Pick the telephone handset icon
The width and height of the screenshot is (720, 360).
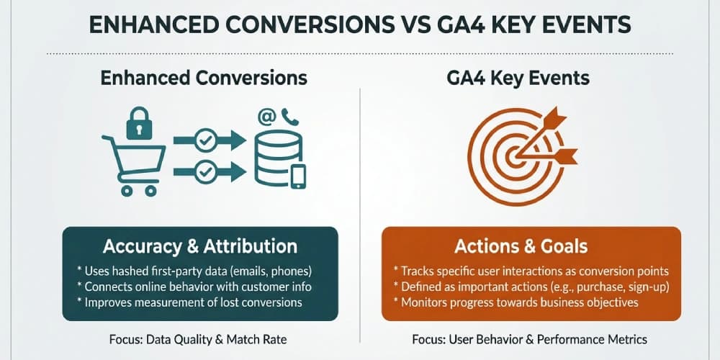point(290,115)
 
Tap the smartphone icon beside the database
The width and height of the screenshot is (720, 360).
point(298,176)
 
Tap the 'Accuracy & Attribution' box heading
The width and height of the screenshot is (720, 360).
point(199,246)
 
